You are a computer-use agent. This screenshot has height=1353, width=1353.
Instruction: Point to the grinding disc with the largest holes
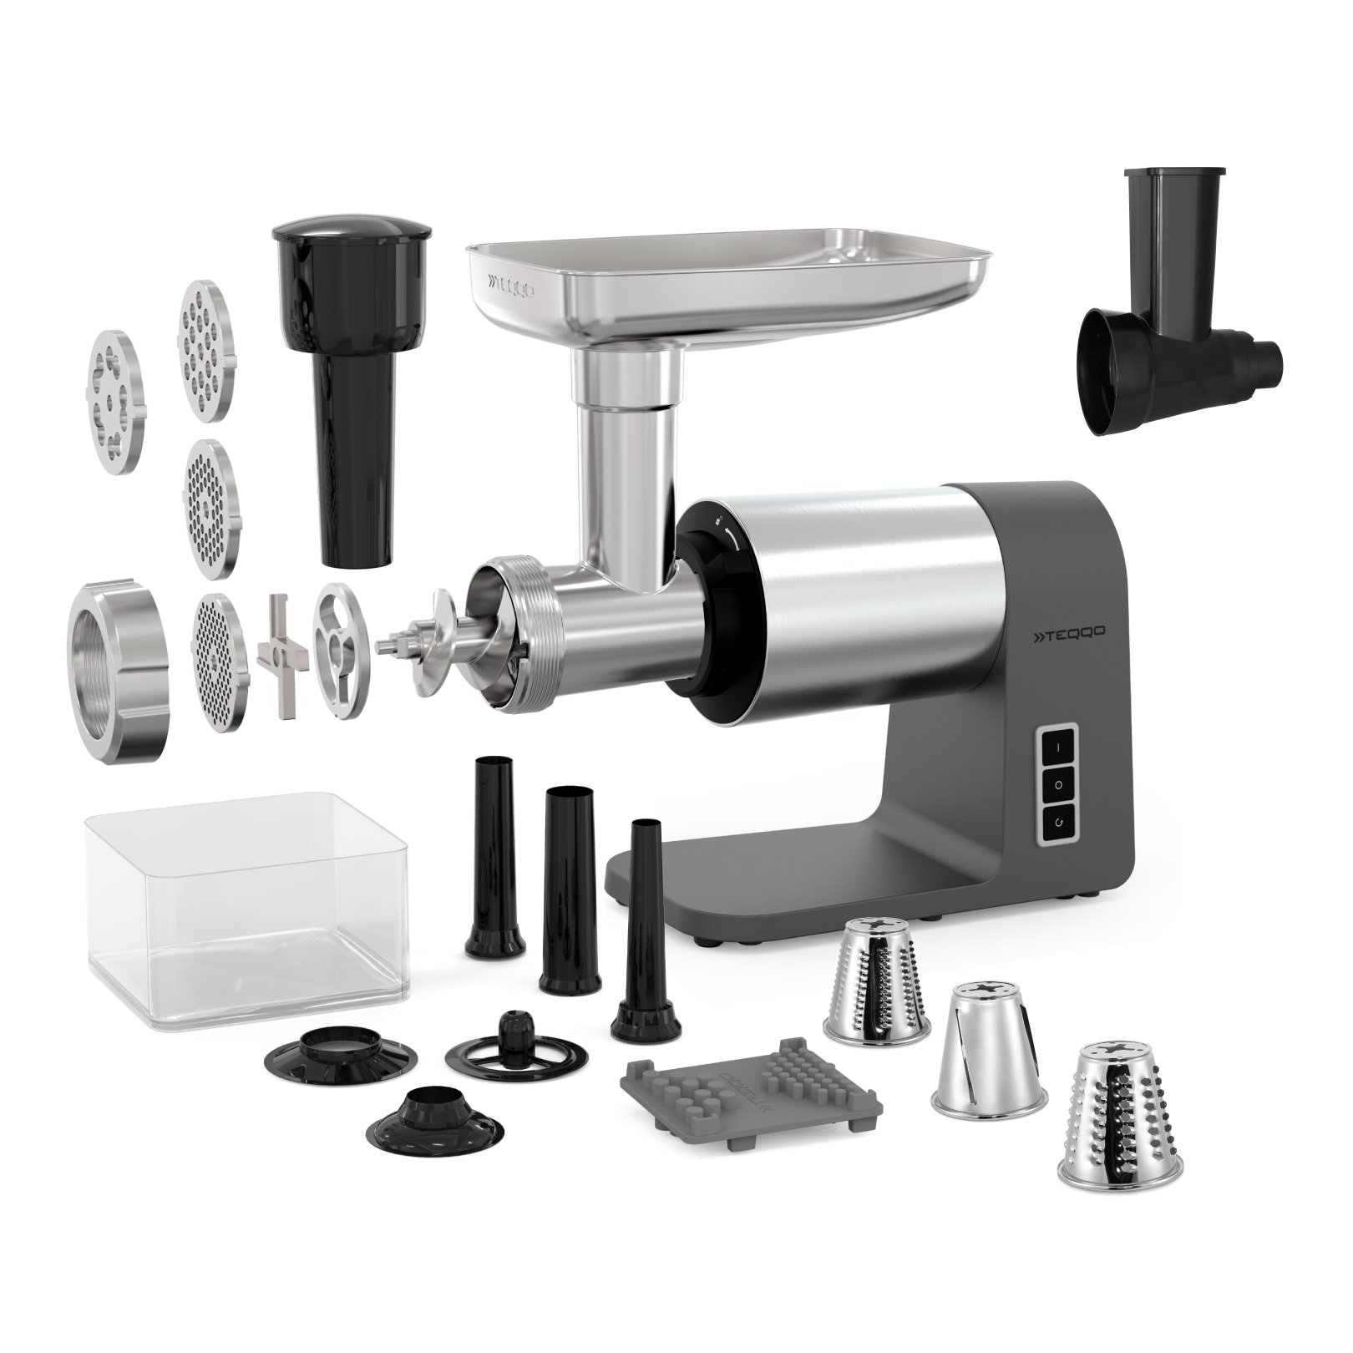(x=115, y=400)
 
